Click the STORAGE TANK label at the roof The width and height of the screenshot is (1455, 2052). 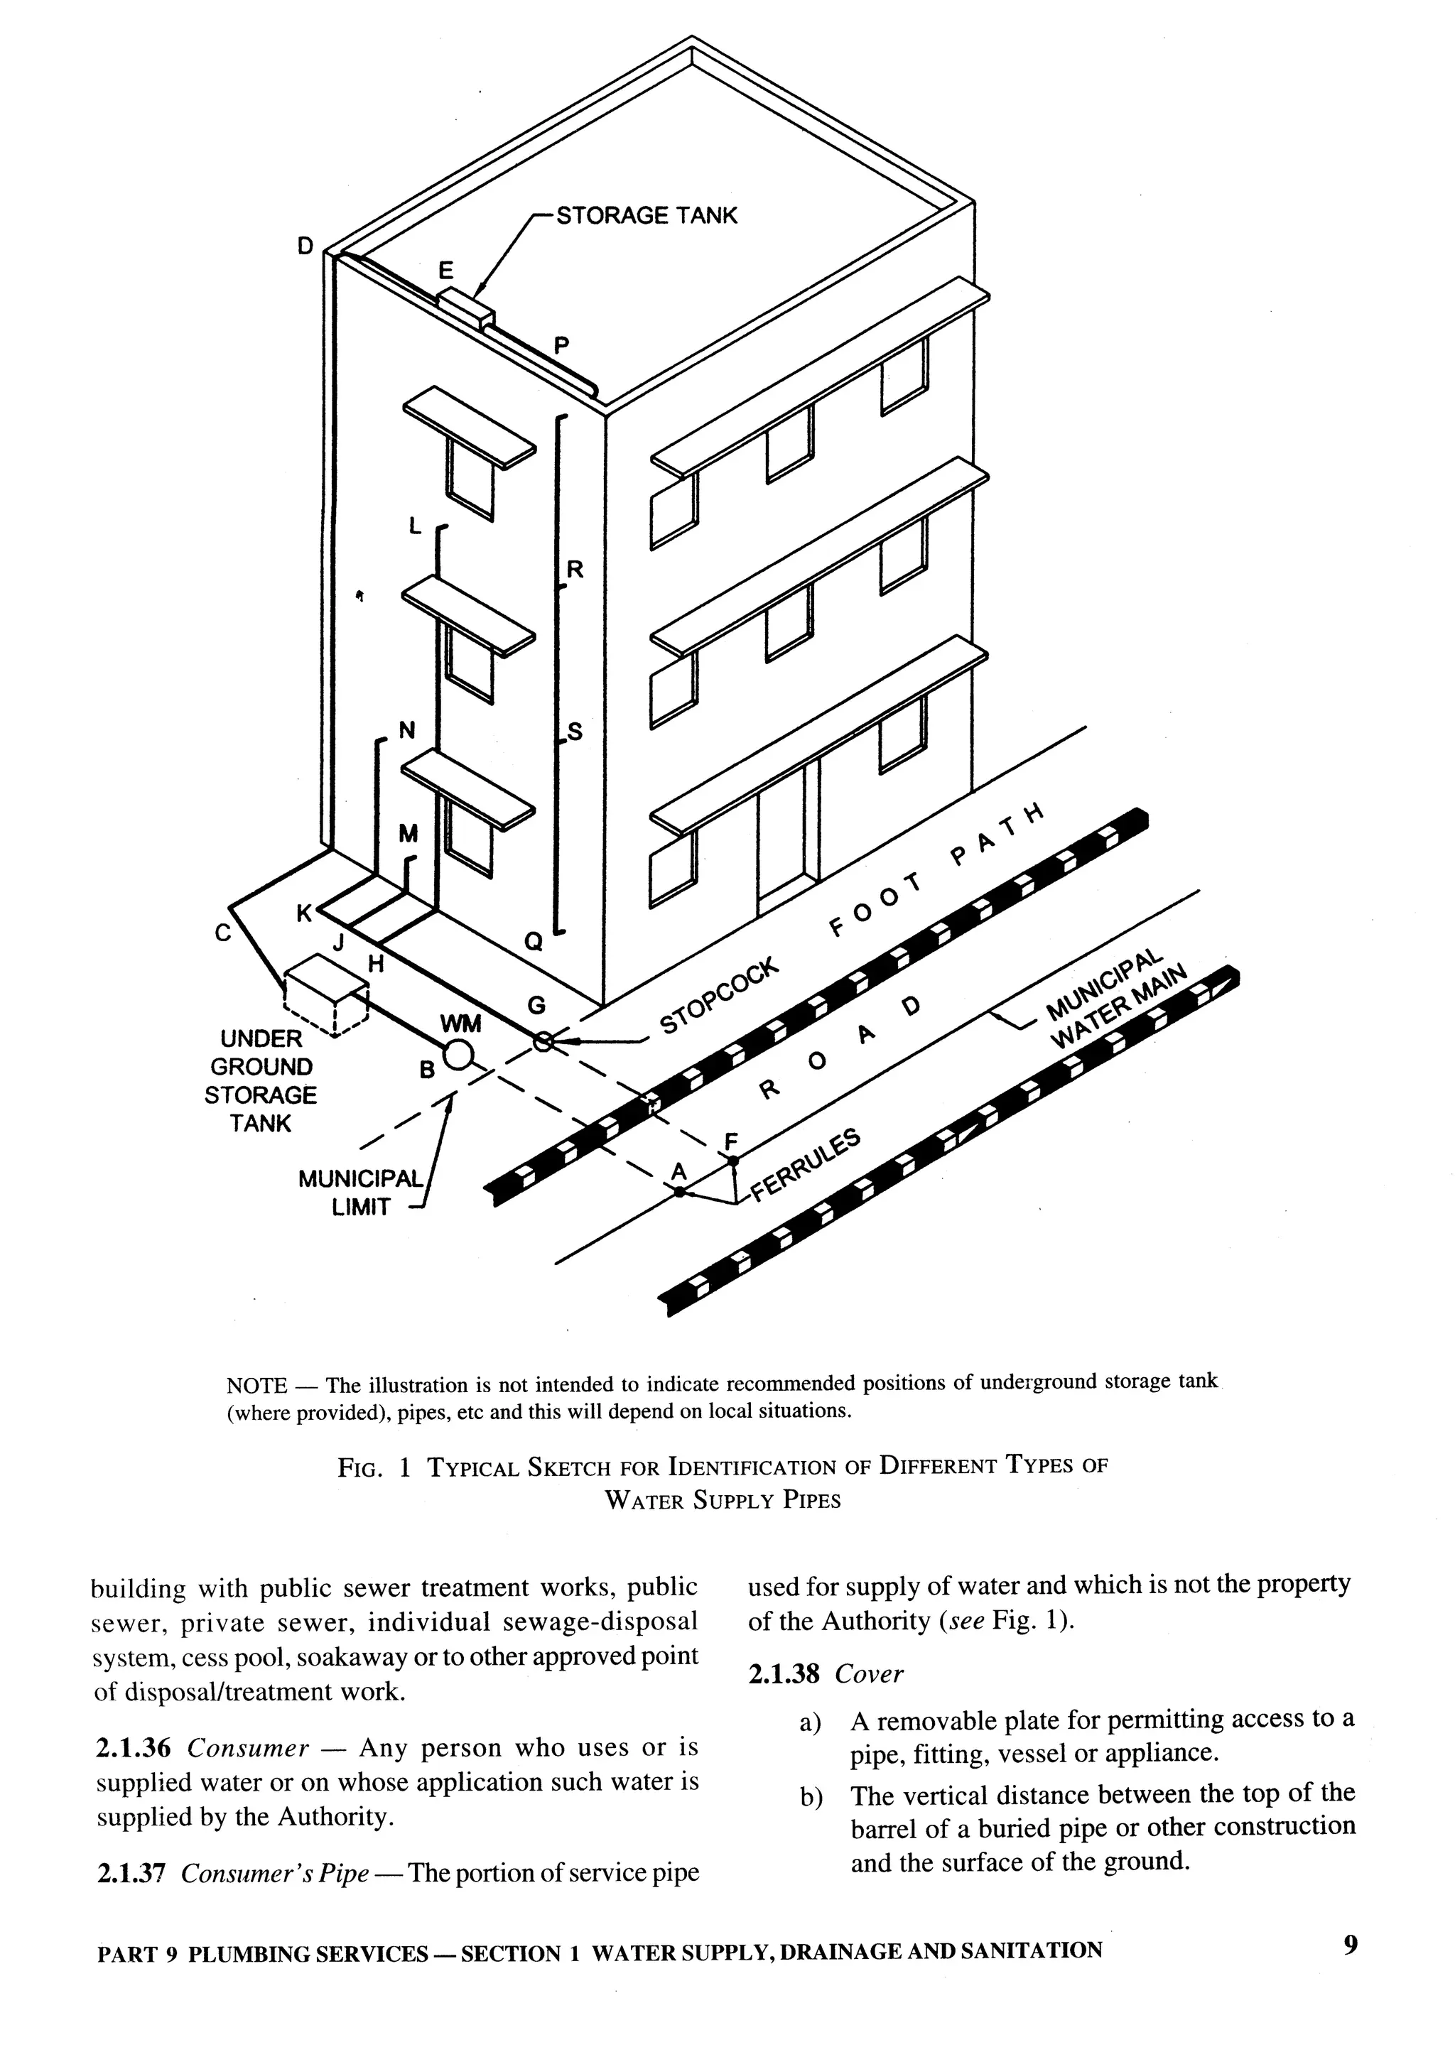pyautogui.click(x=646, y=216)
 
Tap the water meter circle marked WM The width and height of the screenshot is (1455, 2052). pyautogui.click(x=458, y=1055)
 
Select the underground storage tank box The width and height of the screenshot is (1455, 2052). pyautogui.click(x=326, y=996)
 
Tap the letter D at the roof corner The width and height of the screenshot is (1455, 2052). pyautogui.click(x=305, y=246)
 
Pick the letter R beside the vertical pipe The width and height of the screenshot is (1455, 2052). pyautogui.click(x=575, y=569)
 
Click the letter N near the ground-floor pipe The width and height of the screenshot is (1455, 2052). pyautogui.click(x=407, y=730)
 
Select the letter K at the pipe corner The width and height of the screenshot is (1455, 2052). pyautogui.click(x=305, y=913)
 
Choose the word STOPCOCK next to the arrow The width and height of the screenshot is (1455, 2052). pyautogui.click(x=720, y=999)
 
